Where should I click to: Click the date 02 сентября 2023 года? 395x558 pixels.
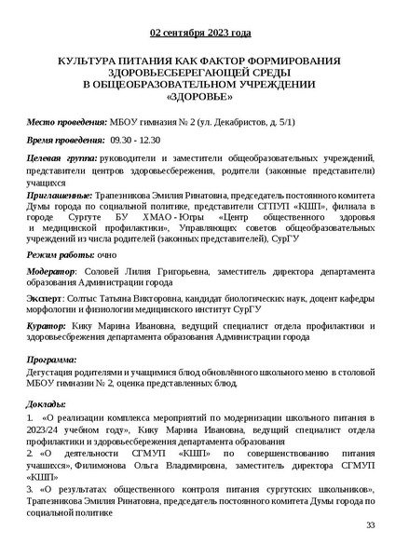pos(198,33)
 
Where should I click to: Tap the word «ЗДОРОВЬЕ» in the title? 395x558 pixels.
pos(198,97)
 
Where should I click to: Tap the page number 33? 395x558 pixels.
pos(371,526)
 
